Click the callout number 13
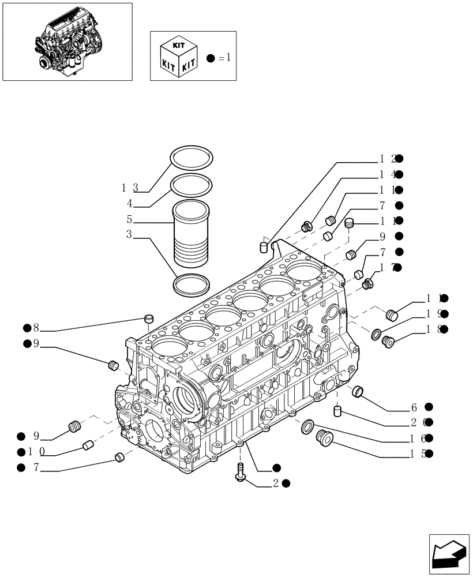pos(129,188)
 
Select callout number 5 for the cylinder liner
pos(129,219)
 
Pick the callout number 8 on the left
pos(35,328)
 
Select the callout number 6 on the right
pos(414,407)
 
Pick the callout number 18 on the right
pos(434,329)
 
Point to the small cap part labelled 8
pos(149,318)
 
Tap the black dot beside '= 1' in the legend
pos(211,58)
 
